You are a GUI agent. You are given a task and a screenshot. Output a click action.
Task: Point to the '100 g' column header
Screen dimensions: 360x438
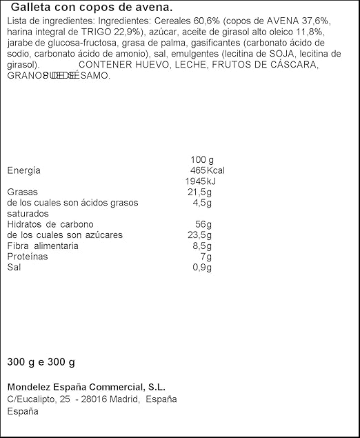click(201, 159)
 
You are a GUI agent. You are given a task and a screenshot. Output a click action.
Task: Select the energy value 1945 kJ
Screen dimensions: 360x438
click(200, 181)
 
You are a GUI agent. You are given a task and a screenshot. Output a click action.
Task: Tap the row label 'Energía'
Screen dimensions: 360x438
click(23, 170)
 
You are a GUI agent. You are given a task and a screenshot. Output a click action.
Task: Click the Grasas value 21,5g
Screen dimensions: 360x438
click(200, 192)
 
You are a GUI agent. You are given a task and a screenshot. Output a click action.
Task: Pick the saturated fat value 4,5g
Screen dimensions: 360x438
click(203, 203)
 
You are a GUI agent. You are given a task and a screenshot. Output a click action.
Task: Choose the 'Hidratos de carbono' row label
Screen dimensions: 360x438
click(50, 225)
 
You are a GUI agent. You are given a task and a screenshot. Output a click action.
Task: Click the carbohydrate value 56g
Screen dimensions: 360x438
click(204, 225)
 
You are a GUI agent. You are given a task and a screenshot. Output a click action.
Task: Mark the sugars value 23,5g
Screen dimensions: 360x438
click(200, 235)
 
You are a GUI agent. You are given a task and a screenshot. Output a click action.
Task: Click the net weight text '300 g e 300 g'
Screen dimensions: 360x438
click(41, 362)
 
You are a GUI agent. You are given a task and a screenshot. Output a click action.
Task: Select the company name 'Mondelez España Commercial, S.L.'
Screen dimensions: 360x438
click(86, 387)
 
